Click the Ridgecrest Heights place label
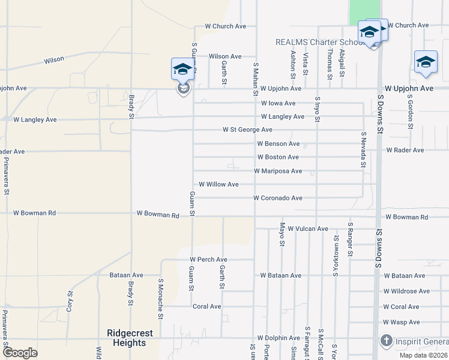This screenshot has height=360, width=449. pyautogui.click(x=130, y=338)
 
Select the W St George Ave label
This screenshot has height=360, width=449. pyautogui.click(x=247, y=130)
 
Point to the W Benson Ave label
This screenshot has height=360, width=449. pyautogui.click(x=278, y=144)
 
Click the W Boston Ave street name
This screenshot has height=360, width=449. pyautogui.click(x=277, y=157)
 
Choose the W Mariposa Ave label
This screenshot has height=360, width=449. pyautogui.click(x=278, y=171)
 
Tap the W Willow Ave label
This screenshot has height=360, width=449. pyautogui.click(x=218, y=184)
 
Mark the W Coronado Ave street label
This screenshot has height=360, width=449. pyautogui.click(x=277, y=198)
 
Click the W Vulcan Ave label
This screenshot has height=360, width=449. pyautogui.click(x=308, y=229)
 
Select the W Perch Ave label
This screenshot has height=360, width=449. pyautogui.click(x=209, y=259)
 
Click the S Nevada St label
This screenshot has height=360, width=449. pyautogui.click(x=364, y=149)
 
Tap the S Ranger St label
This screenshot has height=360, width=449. pyautogui.click(x=350, y=239)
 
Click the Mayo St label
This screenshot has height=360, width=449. pyautogui.click(x=282, y=234)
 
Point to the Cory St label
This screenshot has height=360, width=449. pyautogui.click(x=70, y=299)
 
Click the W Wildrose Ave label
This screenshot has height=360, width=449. pyautogui.click(x=406, y=291)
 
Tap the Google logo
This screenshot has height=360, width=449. pyautogui.click(x=20, y=353)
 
